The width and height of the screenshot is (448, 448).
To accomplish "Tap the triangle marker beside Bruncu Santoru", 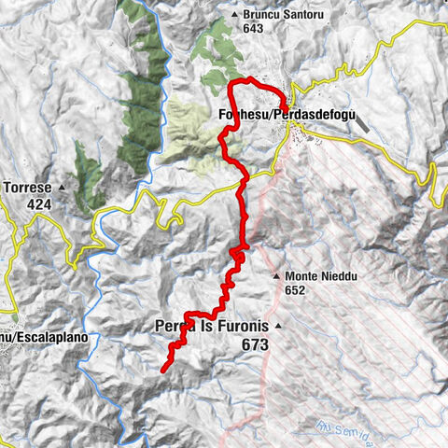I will click(234, 15).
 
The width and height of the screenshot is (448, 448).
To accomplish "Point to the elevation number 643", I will click(250, 28).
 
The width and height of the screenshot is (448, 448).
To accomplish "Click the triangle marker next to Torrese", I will click(62, 188).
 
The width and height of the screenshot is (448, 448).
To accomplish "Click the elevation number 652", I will click(297, 290).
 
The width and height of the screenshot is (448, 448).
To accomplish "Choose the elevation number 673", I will click(253, 344).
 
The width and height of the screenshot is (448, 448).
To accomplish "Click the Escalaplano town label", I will click(37, 335).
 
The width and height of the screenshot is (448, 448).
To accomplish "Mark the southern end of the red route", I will click(163, 371).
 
